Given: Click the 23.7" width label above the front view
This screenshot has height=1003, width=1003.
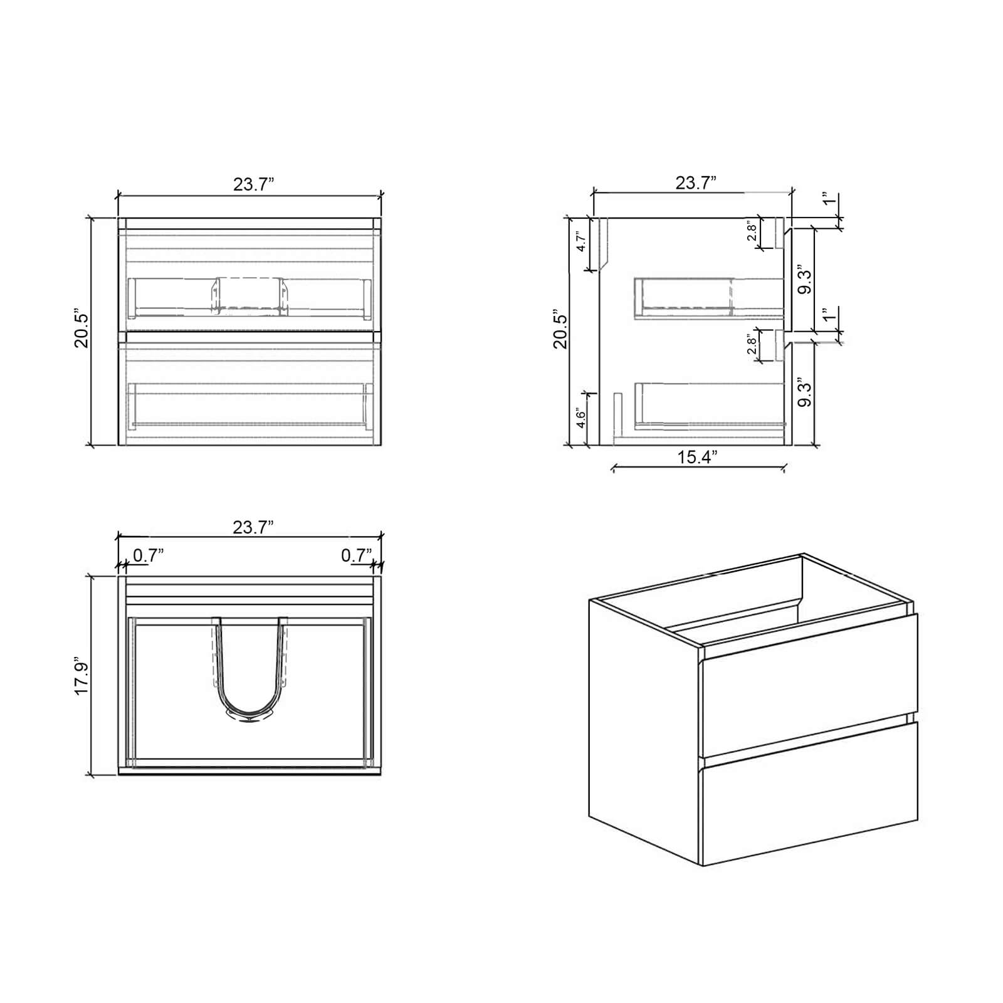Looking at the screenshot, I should pos(253,184).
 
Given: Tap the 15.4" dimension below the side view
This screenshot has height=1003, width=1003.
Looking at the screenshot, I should pos(696,457).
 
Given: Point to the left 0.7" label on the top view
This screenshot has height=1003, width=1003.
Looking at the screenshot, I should pos(149,555).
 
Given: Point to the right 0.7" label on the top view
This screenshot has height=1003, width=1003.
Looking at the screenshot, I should pos(356,555).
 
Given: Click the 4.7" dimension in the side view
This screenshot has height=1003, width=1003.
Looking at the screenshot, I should pos(582,241).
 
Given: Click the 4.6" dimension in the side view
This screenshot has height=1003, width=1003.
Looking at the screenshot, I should pos(581,419).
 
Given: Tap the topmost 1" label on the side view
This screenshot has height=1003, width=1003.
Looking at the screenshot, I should pos(829,200).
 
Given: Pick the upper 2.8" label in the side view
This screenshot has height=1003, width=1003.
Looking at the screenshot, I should pos(752,231).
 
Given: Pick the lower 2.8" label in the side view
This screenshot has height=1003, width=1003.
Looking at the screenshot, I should pos(752,345).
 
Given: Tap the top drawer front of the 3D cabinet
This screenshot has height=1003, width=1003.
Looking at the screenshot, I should pos(809,686).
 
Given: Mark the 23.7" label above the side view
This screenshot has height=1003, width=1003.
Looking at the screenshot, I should pos(696,183).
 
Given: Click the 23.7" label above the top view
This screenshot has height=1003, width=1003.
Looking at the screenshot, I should pos(253,527).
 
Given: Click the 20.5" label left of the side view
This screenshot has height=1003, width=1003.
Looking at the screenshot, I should pos(560,328).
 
